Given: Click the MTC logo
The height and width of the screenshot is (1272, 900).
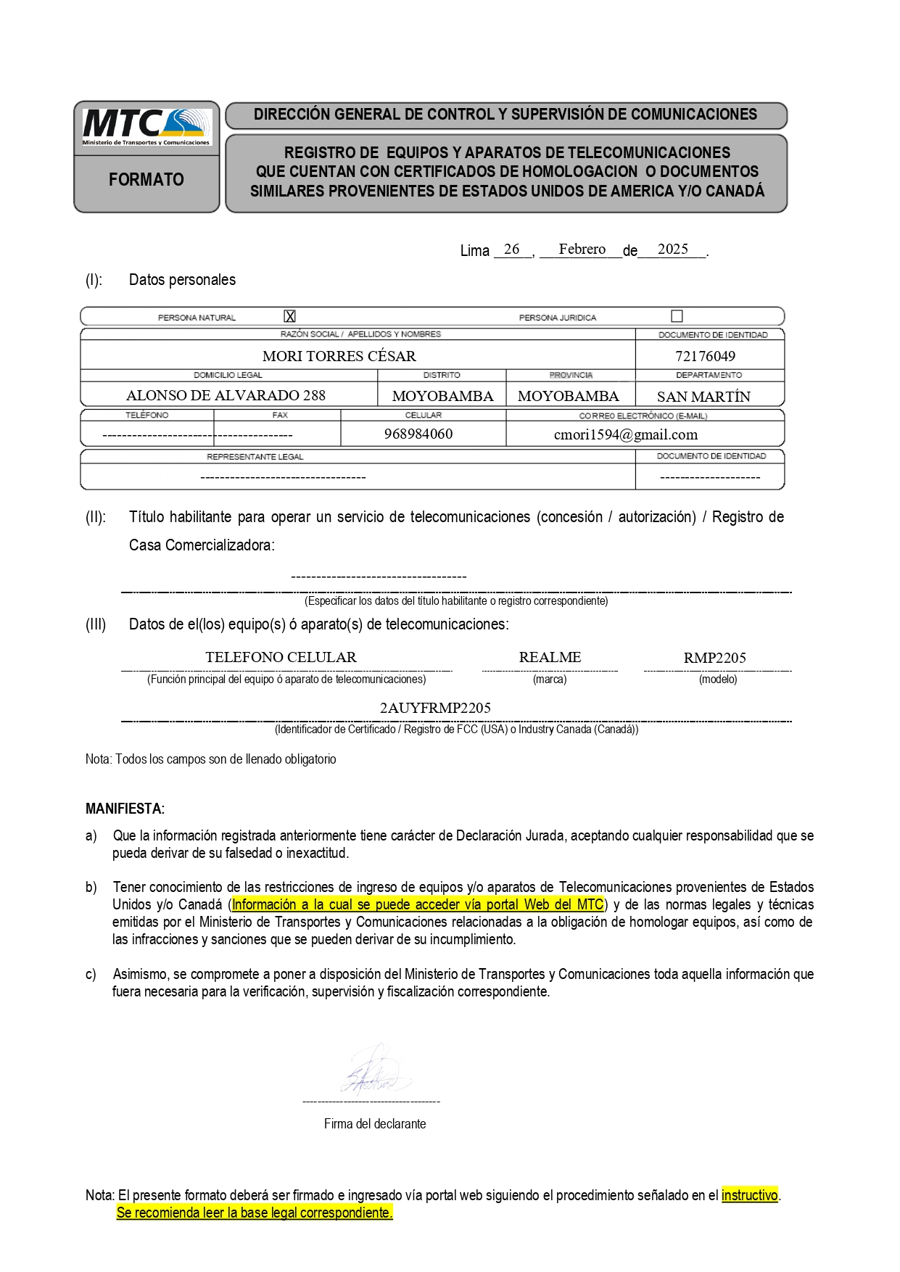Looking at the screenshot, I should pos(146,128).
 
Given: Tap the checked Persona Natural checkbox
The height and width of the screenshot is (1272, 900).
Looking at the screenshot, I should pos(290,316).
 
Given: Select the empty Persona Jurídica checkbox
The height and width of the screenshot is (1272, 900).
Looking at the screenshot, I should pos(677,316).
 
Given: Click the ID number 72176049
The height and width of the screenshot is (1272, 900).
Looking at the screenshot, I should pos(705,356).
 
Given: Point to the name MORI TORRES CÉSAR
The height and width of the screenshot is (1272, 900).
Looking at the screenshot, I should pos(339,356).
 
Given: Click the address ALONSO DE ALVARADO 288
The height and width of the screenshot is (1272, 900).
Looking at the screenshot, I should pos(226,395).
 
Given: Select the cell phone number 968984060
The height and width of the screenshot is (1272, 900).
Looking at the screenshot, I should pos(418,434).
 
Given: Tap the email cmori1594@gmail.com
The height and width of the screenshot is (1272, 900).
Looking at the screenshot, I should pos(625,434).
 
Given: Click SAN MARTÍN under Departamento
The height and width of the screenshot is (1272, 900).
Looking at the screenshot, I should pos(703,397).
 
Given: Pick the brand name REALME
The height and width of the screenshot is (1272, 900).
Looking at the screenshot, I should pos(550,657).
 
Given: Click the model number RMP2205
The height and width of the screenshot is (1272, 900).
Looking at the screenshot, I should pos(714,658).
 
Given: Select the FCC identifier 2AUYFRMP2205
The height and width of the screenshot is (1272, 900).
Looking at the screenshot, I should pos(435,708).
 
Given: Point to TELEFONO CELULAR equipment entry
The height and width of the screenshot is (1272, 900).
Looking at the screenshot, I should pos(281,657).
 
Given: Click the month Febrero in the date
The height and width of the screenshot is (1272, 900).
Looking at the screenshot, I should pos(582,249).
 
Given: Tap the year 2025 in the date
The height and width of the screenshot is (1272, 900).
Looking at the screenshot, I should pos(672,249).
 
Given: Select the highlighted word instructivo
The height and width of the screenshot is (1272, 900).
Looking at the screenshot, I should pos(749,1195).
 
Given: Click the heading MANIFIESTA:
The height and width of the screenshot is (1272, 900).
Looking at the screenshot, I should pos(125,809).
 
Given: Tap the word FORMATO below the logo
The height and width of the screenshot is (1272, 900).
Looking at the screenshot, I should pos(146,180).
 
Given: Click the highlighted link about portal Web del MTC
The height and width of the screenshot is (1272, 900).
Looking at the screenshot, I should pos(418,904).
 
